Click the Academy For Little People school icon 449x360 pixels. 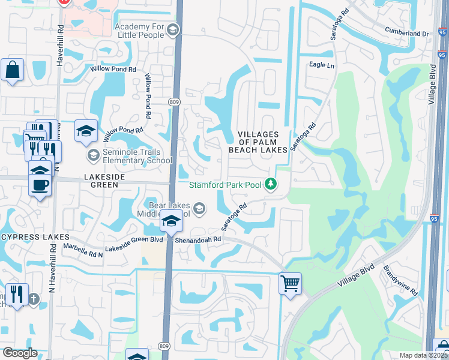[173, 29]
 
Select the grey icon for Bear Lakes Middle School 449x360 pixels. [199, 208]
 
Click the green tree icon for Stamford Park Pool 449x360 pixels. [271, 184]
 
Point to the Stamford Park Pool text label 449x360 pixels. [226, 184]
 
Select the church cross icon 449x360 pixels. [34, 298]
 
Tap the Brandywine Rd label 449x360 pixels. [401, 280]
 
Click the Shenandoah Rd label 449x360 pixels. [199, 239]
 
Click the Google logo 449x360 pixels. [20, 353]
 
